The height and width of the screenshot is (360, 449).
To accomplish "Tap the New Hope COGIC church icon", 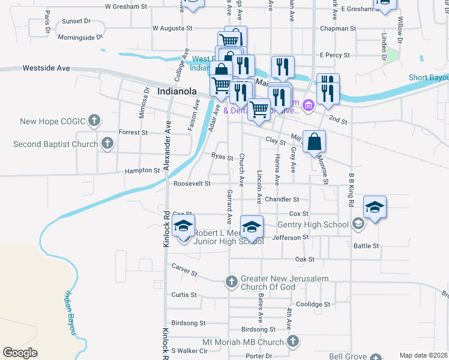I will tap(94, 121).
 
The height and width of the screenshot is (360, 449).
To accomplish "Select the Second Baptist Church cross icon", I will tap(107, 143).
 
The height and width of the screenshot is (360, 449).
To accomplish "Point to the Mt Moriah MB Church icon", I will tap(292, 342).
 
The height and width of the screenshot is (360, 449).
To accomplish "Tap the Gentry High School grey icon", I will tap(358, 224).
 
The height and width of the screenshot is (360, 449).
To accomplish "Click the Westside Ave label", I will tap(46, 68).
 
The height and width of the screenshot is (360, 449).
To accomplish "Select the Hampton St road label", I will tap(142, 170).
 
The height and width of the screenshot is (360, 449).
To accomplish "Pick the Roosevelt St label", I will tap(192, 184).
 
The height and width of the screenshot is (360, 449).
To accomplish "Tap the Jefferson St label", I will tap(290, 237).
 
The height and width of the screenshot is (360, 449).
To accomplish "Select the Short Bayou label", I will tap(429, 78).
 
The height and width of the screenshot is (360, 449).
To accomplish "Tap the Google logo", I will tap(20, 353).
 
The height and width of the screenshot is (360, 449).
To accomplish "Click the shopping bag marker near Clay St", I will tap(314, 143).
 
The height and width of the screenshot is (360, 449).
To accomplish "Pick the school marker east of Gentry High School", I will tap(375, 208).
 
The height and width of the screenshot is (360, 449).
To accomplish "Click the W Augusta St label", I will tap(172, 28).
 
